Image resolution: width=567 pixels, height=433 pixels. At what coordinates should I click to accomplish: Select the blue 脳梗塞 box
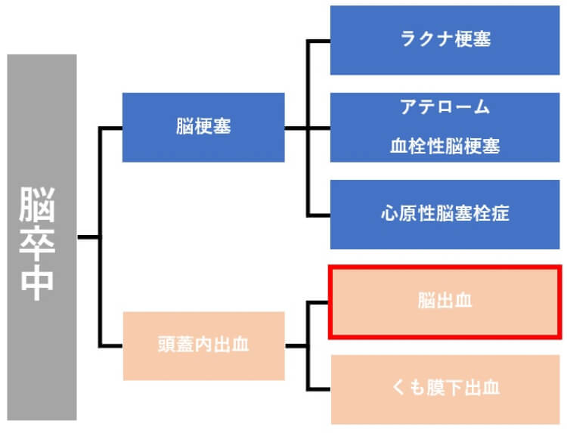coord(203,127)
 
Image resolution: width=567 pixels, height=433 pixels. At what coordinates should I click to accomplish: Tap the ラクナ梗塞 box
coord(445,40)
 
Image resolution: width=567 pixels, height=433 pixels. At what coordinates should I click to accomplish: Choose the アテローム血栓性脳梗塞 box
coord(445,127)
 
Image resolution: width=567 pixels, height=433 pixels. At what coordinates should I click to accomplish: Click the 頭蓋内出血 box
coord(203,346)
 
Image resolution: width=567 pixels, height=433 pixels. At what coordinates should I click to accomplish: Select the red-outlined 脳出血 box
coord(445,302)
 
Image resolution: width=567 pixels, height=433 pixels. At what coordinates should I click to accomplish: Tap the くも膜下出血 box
coord(445,388)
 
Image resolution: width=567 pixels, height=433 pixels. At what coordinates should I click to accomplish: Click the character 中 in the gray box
coord(37,281)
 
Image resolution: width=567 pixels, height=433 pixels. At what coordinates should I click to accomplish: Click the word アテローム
coord(445,107)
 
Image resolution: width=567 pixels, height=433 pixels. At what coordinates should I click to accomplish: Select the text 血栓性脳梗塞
coord(445,147)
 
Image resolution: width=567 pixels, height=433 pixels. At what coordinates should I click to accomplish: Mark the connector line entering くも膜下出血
coord(318,388)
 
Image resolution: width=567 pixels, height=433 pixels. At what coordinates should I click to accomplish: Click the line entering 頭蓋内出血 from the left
coord(111,346)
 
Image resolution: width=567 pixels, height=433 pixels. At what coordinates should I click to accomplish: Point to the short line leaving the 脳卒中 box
coord(88,237)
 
